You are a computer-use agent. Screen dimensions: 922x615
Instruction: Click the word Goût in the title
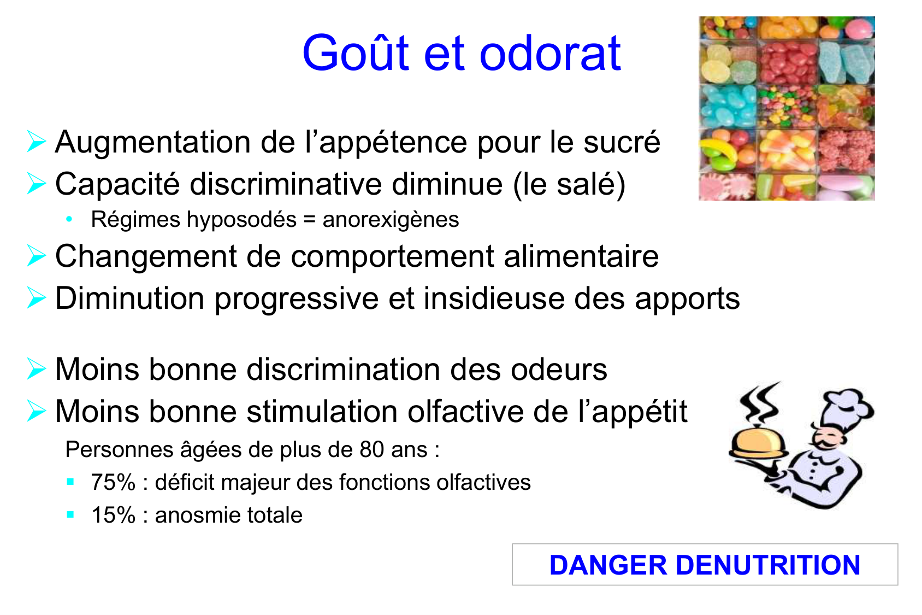(x=356, y=52)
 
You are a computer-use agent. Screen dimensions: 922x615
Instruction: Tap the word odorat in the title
(x=551, y=53)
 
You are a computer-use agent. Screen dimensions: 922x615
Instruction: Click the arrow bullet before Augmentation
(x=36, y=141)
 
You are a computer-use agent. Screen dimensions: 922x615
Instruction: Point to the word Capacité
(x=118, y=185)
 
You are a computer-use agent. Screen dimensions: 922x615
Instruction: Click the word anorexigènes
(x=391, y=220)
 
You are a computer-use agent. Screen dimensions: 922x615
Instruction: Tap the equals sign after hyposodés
(x=310, y=219)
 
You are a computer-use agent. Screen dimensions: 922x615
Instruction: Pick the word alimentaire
(x=581, y=256)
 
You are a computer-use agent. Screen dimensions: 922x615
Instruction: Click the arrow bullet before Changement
(x=36, y=255)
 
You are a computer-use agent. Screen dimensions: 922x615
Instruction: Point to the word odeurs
(x=559, y=370)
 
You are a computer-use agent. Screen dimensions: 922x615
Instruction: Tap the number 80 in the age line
(x=372, y=449)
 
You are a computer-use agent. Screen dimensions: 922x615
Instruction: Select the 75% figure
(x=113, y=482)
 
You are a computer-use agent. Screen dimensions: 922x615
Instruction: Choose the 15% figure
(x=113, y=515)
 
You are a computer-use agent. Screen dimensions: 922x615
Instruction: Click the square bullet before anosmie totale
(x=70, y=514)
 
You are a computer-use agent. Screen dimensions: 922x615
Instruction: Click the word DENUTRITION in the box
(x=768, y=565)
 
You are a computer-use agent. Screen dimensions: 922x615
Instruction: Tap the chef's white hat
(x=844, y=408)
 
